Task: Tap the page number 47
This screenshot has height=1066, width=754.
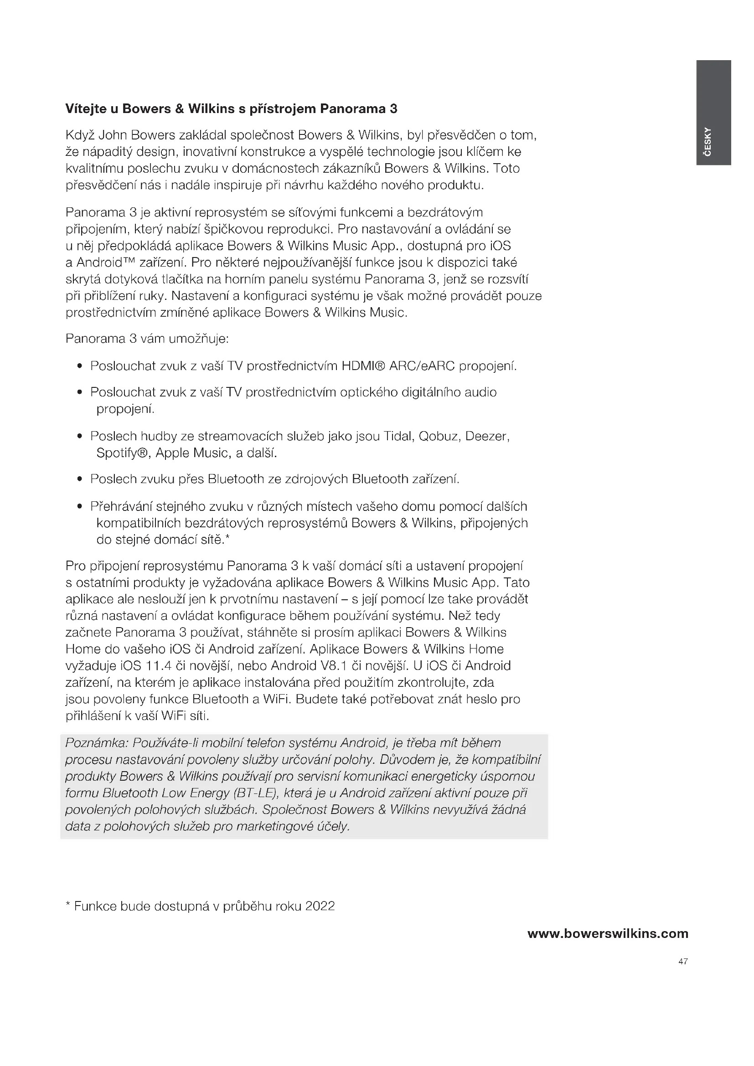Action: [x=683, y=962]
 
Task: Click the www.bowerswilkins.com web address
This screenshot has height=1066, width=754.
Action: [x=608, y=934]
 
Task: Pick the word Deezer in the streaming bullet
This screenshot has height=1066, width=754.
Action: [x=487, y=437]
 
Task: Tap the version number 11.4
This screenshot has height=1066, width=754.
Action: [x=160, y=666]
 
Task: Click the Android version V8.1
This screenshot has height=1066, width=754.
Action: [x=334, y=666]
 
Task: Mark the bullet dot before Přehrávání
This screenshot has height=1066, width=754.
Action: [x=80, y=506]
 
